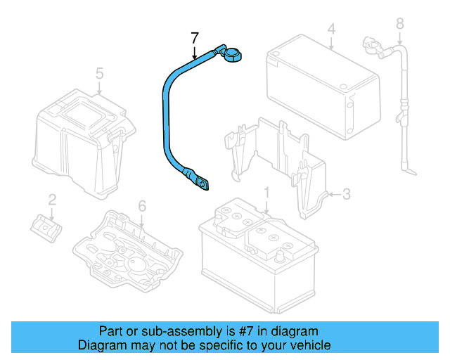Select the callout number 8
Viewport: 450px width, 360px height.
tap(400, 24)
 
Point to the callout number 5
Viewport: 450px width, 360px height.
tap(99, 72)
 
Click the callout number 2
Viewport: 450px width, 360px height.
tap(51, 200)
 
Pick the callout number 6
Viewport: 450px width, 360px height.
tap(141, 206)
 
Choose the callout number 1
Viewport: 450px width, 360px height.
tap(266, 193)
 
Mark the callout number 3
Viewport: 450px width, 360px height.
tap(346, 193)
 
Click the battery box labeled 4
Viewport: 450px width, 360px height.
tap(323, 91)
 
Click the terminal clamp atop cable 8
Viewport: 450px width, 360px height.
tap(371, 46)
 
